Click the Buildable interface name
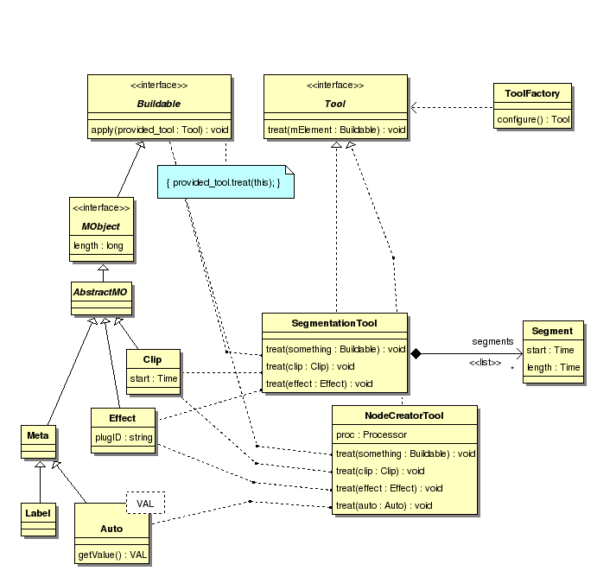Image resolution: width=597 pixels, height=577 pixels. pyautogui.click(x=159, y=104)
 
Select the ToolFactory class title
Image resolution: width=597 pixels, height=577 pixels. pyautogui.click(x=532, y=94)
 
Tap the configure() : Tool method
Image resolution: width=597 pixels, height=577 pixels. pyautogui.click(x=532, y=119)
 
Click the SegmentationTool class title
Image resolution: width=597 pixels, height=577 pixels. pyautogui.click(x=335, y=323)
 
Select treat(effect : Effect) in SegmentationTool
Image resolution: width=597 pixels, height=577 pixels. pyautogui.click(x=319, y=384)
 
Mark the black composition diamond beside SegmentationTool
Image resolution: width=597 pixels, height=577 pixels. pyautogui.click(x=416, y=353)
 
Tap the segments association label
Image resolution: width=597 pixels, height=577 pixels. pyautogui.click(x=492, y=342)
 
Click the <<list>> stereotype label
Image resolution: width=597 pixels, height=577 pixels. pyautogui.click(x=485, y=362)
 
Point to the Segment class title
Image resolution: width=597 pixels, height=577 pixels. pyautogui.click(x=552, y=331)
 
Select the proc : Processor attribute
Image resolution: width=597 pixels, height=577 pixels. pyautogui.click(x=372, y=434)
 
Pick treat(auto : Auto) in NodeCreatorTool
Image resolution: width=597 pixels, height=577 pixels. pyautogui.click(x=384, y=505)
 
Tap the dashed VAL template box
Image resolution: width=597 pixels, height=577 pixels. pyautogui.click(x=145, y=503)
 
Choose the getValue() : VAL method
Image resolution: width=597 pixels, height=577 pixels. pyautogui.click(x=112, y=555)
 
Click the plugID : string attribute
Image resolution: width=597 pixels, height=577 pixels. pyautogui.click(x=124, y=438)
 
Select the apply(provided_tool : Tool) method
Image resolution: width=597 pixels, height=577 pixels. pyautogui.click(x=159, y=130)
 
